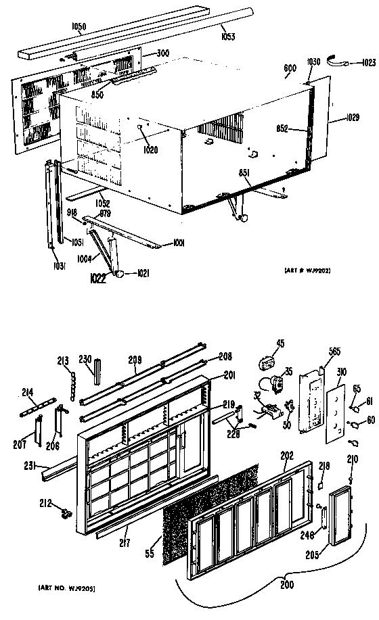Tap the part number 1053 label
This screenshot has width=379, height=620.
227,37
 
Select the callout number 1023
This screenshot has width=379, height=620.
367,64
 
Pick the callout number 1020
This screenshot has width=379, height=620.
150,149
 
